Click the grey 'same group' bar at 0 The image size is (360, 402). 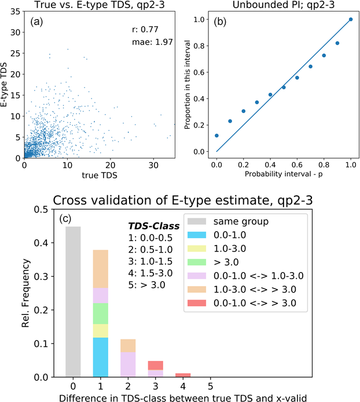point(73,301)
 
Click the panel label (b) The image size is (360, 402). point(222,23)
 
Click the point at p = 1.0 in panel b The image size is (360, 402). point(351,19)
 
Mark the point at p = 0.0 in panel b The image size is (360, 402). point(216,136)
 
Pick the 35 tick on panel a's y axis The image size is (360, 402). point(17,12)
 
